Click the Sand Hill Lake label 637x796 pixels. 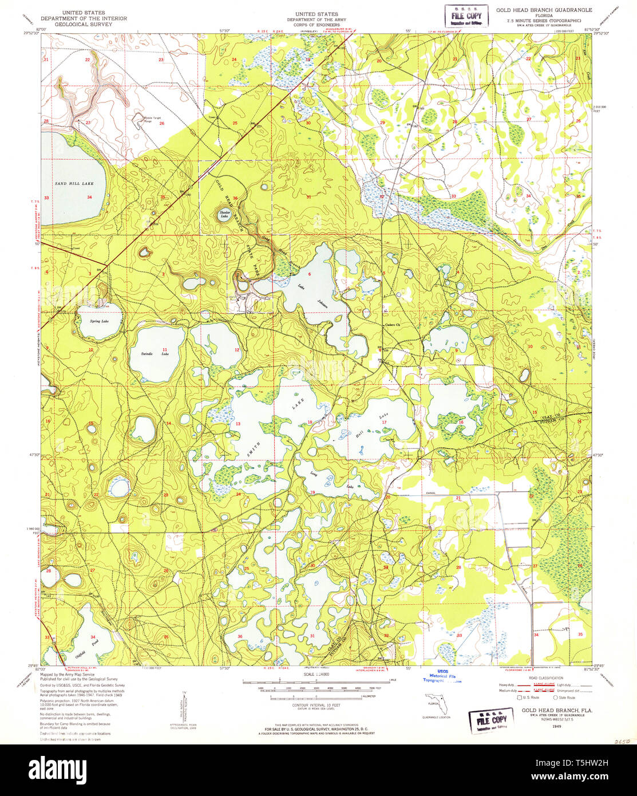tap(73, 183)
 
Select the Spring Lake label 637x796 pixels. tap(98, 321)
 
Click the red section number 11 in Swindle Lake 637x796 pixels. tap(165, 349)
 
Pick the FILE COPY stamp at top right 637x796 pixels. tap(466, 16)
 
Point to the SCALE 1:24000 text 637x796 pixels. tap(312, 676)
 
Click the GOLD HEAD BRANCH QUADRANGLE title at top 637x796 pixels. tap(544, 10)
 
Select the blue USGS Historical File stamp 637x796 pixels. tap(443, 676)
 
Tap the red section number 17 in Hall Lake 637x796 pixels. tap(384, 423)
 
